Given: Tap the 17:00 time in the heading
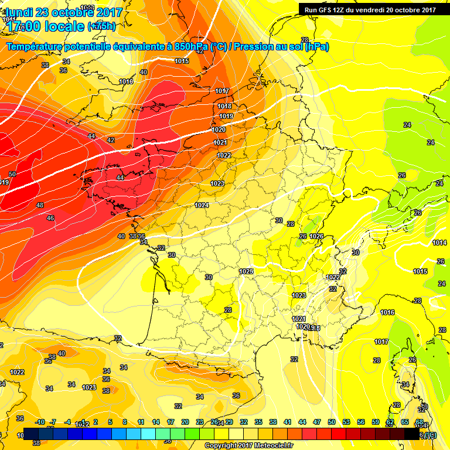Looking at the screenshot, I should click(x=26, y=26).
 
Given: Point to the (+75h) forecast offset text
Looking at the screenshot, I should click(x=101, y=26).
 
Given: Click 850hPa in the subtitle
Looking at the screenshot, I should click(x=192, y=46).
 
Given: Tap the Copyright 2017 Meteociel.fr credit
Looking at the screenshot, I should click(x=248, y=445).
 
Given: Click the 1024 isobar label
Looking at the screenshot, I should click(x=202, y=205).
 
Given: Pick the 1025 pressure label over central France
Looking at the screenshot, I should click(x=246, y=271).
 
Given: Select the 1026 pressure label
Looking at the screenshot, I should click(x=317, y=236).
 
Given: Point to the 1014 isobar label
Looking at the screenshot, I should click(x=439, y=243).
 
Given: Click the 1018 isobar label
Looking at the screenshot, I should click(x=224, y=106).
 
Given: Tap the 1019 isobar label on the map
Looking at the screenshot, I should click(x=227, y=116).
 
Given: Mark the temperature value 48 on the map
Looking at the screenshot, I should click(x=40, y=205).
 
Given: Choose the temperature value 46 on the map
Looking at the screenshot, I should click(x=50, y=218).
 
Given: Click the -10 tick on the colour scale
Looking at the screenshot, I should click(x=40, y=422).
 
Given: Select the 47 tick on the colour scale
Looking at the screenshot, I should click(x=317, y=422).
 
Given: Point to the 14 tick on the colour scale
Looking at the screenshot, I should click(x=156, y=422).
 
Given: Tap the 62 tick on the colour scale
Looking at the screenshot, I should click(x=390, y=422).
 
